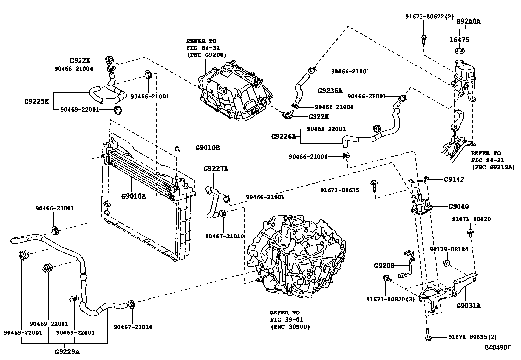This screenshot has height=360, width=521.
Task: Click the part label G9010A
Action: (134, 196)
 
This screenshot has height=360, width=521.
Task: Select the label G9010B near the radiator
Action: (207, 148)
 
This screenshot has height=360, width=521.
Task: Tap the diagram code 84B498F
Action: (497, 347)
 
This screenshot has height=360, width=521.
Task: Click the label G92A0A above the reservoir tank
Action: (468, 22)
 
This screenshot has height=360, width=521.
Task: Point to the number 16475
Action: (459, 40)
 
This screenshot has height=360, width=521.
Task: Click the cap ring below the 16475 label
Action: (460, 51)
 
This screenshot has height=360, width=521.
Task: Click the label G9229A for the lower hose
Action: (67, 352)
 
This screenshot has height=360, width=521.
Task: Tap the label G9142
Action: (454, 180)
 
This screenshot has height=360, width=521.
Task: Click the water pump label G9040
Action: (458, 206)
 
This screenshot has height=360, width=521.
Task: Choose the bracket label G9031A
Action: (469, 306)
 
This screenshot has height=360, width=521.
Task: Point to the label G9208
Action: (384, 266)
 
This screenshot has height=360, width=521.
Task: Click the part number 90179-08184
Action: (449, 249)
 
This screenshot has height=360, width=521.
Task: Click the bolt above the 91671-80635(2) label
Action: (428, 336)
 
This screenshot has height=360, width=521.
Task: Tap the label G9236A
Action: (330, 91)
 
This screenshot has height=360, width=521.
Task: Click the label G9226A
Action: (283, 136)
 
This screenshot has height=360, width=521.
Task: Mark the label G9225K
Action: (36, 101)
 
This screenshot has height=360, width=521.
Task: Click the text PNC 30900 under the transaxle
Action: (290, 327)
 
